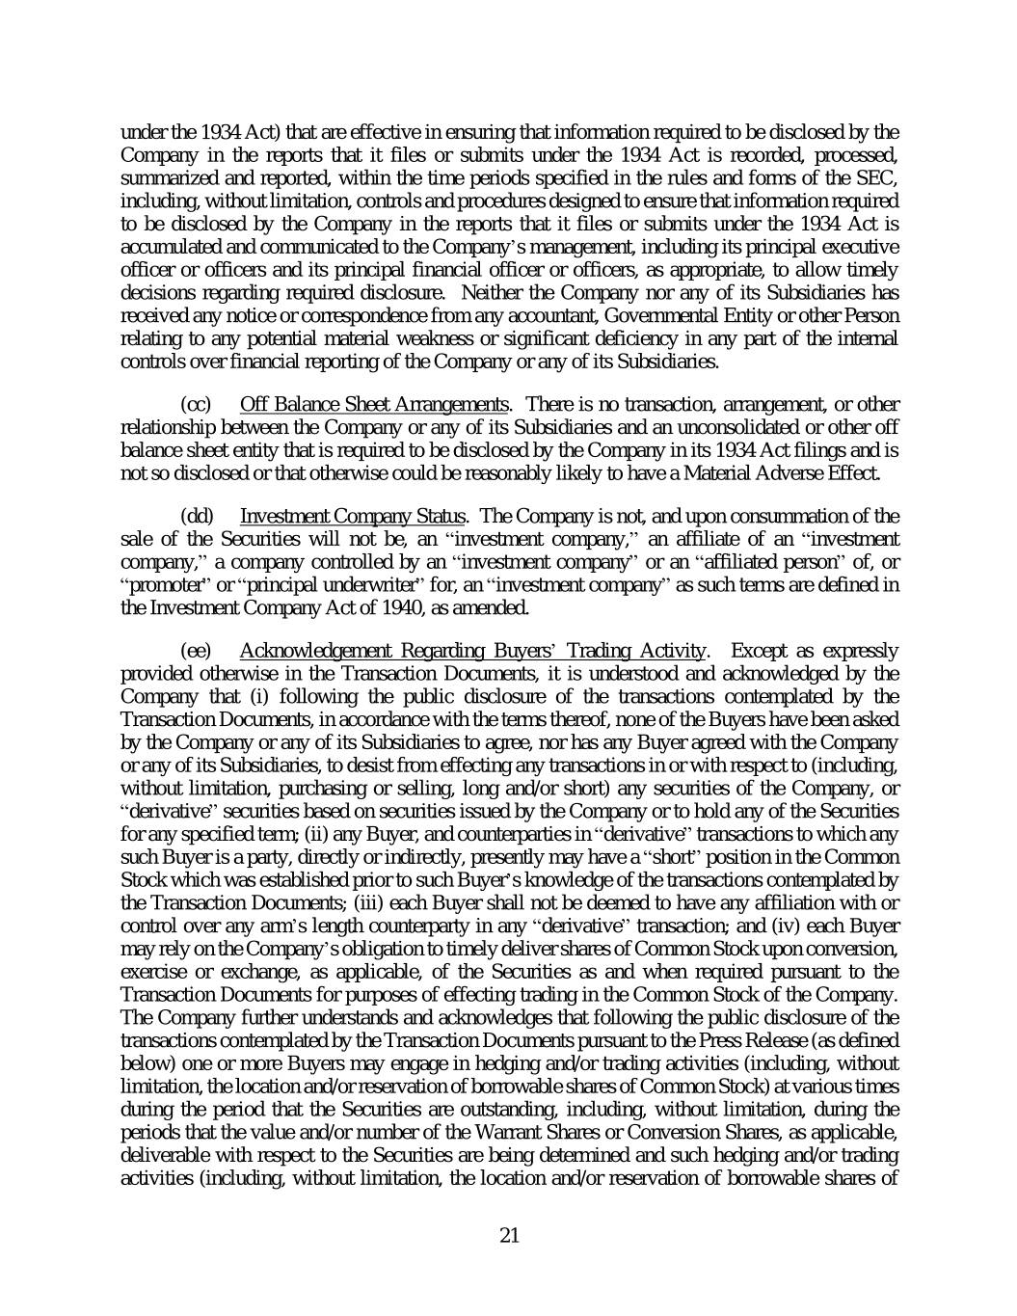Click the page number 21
coord(510,1236)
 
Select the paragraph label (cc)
coord(197,403)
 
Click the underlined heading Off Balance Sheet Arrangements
coord(374,403)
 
